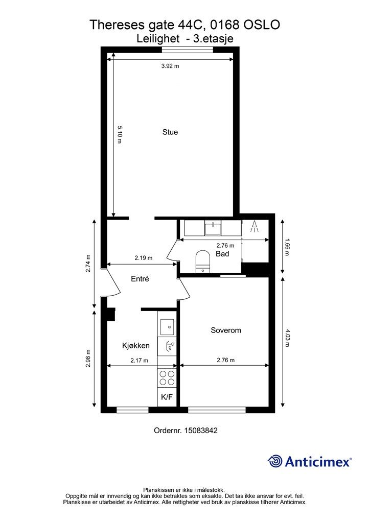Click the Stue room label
click(x=170, y=132)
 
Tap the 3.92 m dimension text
click(x=170, y=66)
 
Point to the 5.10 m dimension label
click(x=120, y=134)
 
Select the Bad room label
click(x=222, y=254)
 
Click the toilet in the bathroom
click(x=202, y=261)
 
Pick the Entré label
click(x=140, y=279)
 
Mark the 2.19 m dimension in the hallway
click(x=144, y=258)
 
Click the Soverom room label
click(x=226, y=330)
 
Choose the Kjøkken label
click(x=136, y=346)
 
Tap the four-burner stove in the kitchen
click(x=167, y=378)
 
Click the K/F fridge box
click(x=167, y=397)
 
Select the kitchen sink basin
click(x=167, y=327)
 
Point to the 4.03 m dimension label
click(x=287, y=338)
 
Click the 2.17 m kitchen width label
click(x=139, y=360)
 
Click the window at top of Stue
click(x=187, y=50)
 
